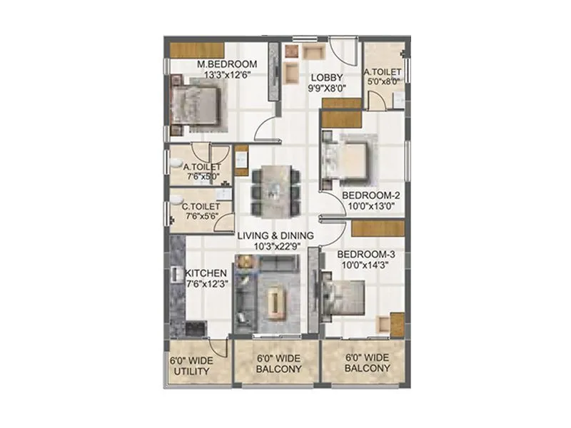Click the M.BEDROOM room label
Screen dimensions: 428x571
coord(227,63)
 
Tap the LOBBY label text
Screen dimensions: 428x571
coord(326,78)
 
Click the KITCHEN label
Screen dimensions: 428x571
coord(206,272)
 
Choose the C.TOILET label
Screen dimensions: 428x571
coord(203,206)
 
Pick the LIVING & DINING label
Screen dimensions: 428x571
coord(276,235)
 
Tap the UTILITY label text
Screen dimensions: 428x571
coord(191,372)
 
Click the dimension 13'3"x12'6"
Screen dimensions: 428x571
coord(227,73)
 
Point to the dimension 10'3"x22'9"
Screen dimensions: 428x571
coord(276,246)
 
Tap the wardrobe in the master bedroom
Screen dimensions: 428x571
coord(198,51)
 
